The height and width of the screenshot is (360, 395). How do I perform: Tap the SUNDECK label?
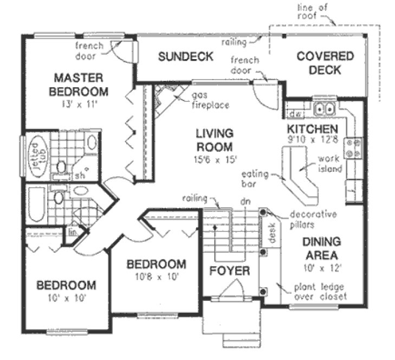click(185, 56)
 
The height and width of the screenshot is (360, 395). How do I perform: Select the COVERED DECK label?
click(325, 62)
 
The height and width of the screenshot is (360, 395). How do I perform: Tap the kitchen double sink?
click(325, 109)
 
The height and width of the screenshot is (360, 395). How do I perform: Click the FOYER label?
click(229, 271)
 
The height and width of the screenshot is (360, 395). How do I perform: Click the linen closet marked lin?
click(72, 232)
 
